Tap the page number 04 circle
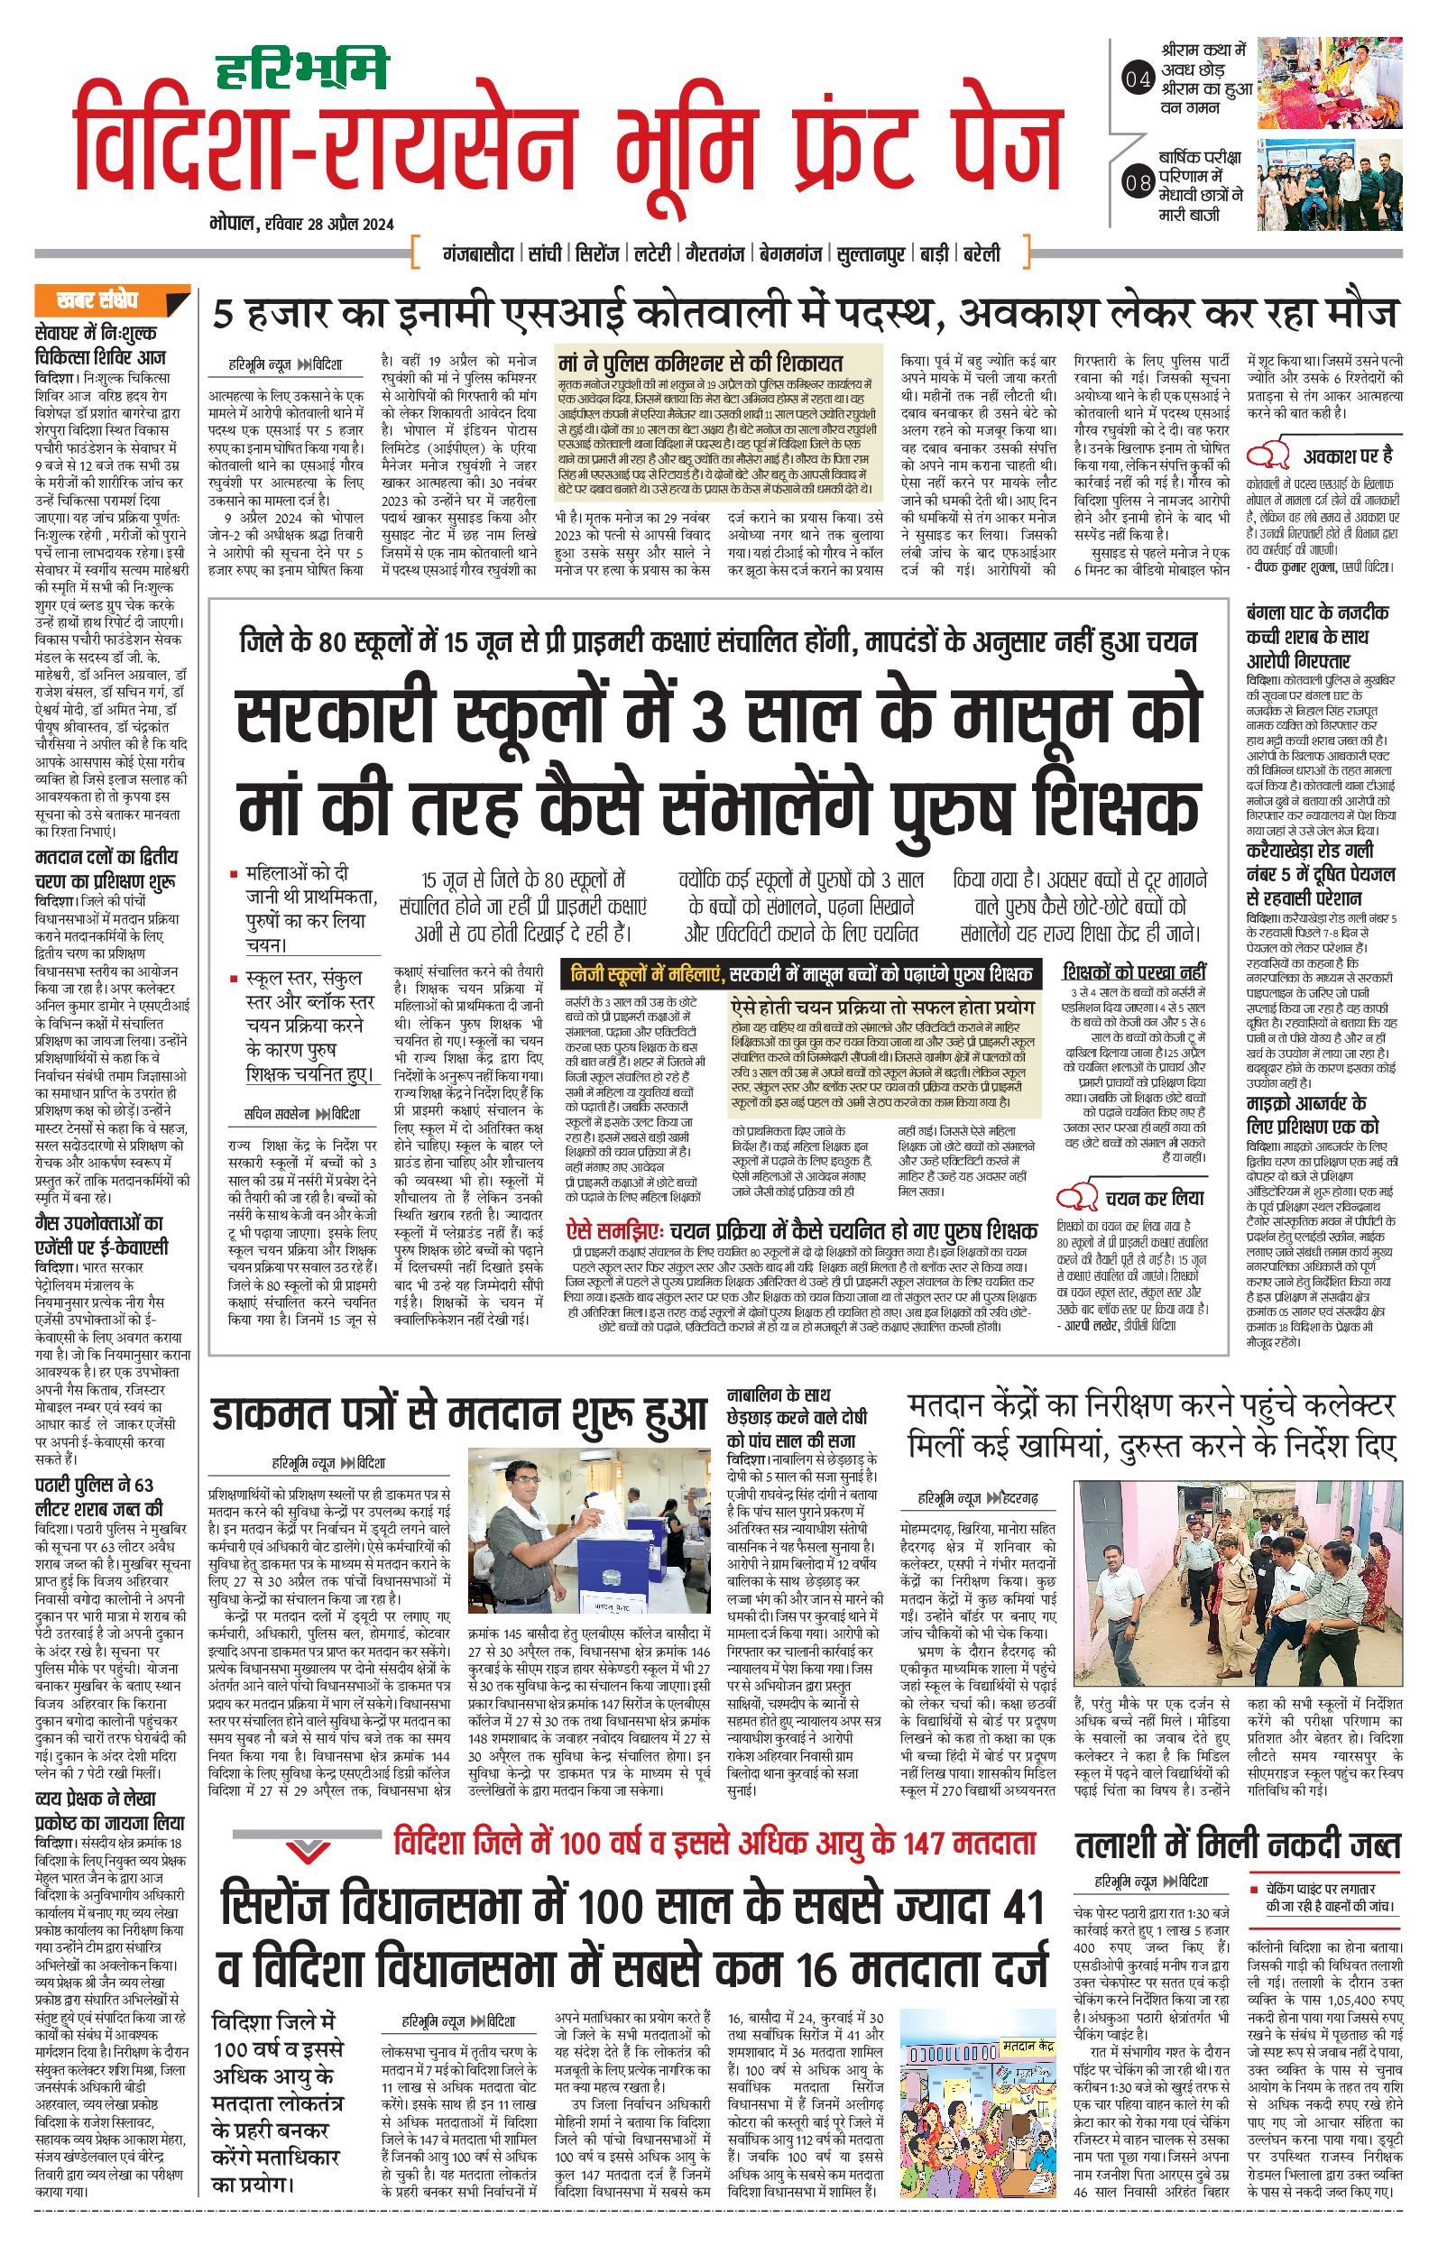(1138, 80)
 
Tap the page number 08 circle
(1138, 182)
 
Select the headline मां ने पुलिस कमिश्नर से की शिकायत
(701, 363)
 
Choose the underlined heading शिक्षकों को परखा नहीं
(1134, 972)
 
